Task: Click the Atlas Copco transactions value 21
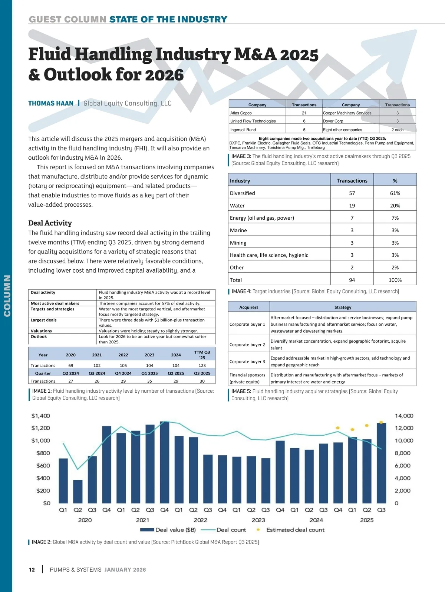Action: (x=304, y=113)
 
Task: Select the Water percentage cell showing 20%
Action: (x=395, y=206)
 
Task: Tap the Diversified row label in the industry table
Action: (x=243, y=193)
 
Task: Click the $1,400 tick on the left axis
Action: (x=40, y=416)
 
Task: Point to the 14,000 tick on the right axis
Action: (x=404, y=416)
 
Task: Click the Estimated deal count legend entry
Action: (x=295, y=530)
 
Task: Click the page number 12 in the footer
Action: (x=32, y=570)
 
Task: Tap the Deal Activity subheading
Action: (x=50, y=223)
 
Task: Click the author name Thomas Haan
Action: (x=51, y=103)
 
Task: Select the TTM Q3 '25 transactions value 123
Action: (x=202, y=365)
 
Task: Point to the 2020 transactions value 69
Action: (x=71, y=365)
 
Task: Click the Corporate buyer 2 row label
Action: (x=247, y=345)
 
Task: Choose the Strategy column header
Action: (x=343, y=307)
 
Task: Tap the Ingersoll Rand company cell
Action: (x=243, y=130)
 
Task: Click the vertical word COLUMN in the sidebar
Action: (x=7, y=296)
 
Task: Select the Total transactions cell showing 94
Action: (x=352, y=280)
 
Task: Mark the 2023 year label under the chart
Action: (x=258, y=520)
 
